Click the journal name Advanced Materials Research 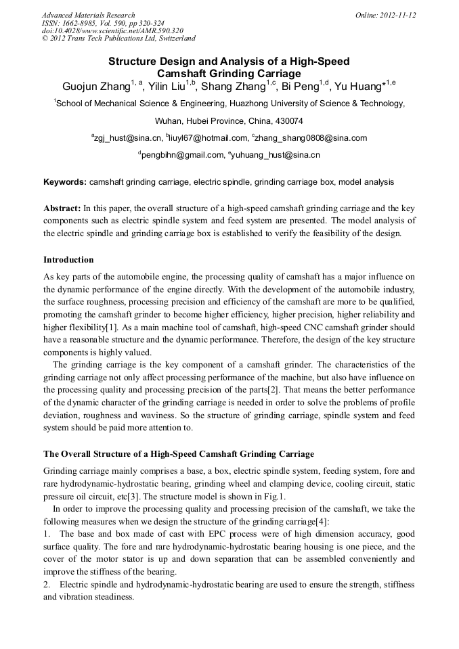click(88, 15)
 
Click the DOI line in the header click(112, 31)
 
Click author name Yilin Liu click(166, 87)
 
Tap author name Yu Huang click(358, 87)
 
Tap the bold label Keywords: click(65, 183)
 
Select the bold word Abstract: click(62, 208)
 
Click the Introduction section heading click(68, 260)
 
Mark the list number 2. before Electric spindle click(47, 584)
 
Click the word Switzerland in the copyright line click(175, 39)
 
